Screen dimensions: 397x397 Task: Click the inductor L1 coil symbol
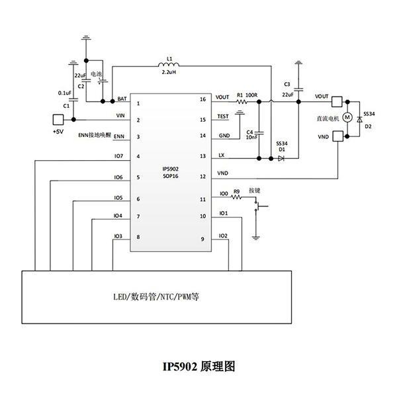tap(170, 65)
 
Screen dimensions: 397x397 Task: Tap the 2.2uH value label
tap(170, 72)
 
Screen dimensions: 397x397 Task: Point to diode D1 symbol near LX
tap(281, 158)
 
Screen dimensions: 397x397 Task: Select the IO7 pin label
tap(118, 156)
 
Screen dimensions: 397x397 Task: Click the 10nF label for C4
tap(252, 138)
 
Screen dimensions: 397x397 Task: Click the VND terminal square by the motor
tap(337, 137)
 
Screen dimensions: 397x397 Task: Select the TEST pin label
tap(223, 117)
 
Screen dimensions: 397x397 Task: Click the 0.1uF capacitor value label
tap(65, 93)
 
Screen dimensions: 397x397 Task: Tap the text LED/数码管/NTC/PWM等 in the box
tap(157, 298)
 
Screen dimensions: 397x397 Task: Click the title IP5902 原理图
tap(198, 366)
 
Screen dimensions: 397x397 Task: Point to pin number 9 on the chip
tap(203, 237)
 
